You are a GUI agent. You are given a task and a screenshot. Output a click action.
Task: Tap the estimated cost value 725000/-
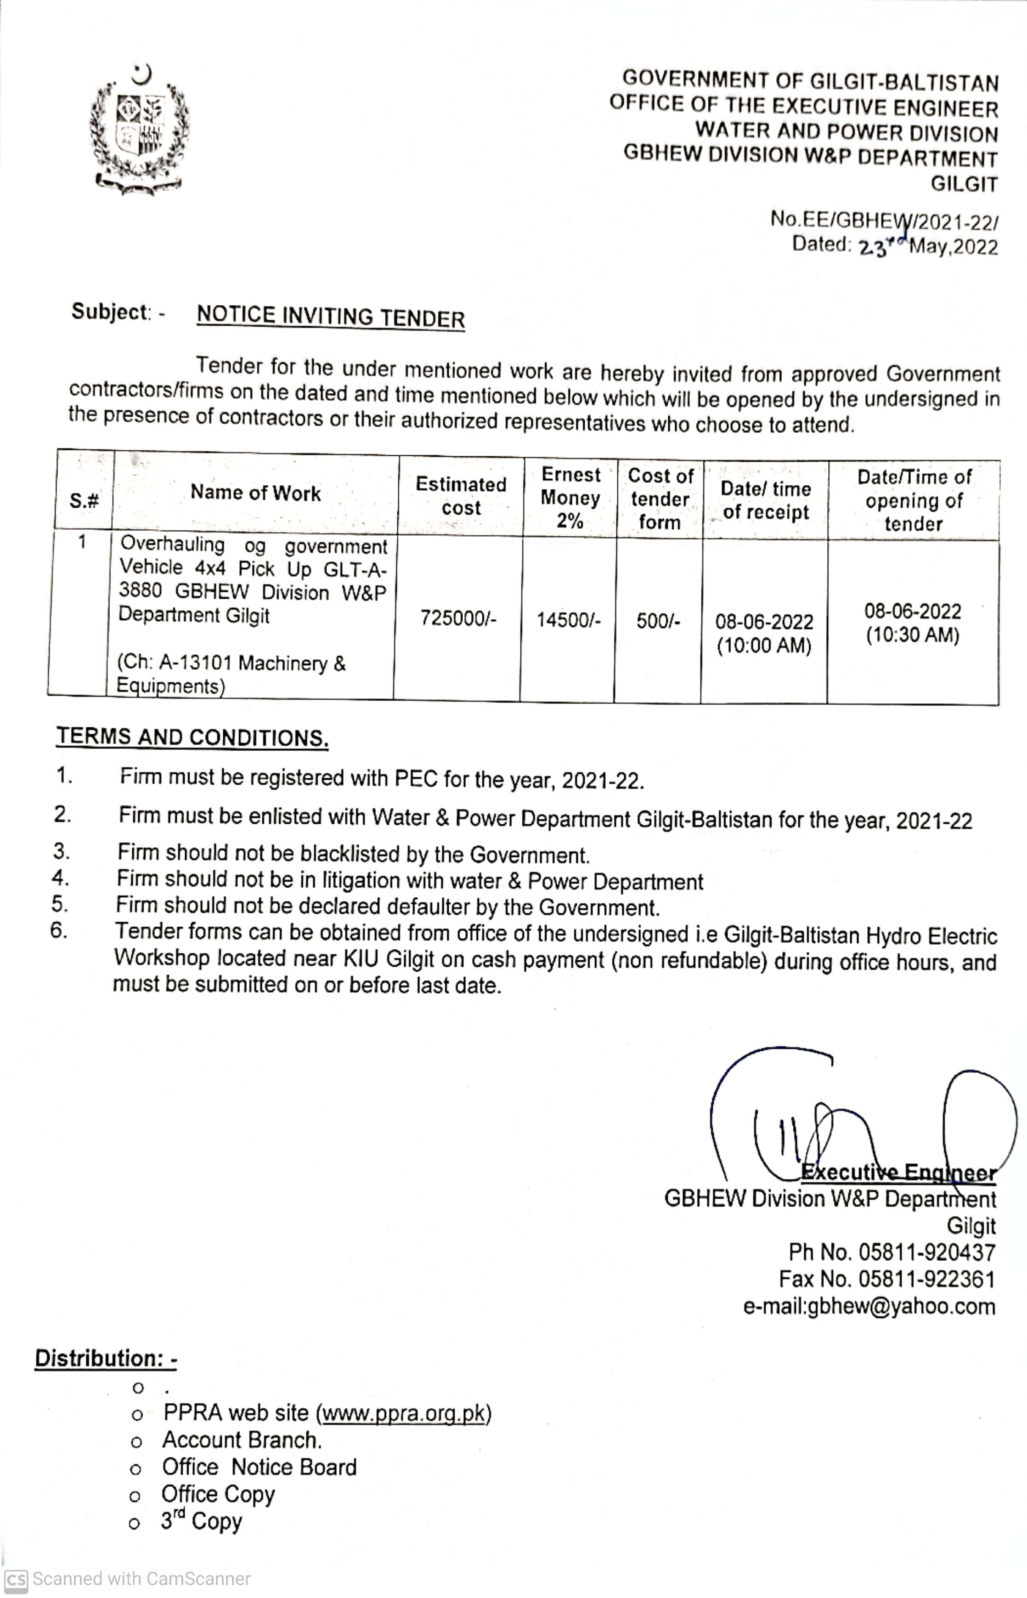[x=458, y=618]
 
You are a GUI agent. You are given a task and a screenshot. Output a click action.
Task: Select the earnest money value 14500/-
[x=568, y=620]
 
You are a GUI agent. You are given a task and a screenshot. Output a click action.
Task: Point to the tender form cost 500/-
[x=658, y=621]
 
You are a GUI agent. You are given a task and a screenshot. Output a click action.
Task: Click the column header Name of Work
[x=255, y=493]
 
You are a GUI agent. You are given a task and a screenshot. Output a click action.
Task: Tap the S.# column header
[x=84, y=500]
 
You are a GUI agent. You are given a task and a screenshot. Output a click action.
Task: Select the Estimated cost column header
[x=461, y=496]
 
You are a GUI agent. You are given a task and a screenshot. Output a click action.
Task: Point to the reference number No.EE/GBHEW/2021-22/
[x=884, y=220]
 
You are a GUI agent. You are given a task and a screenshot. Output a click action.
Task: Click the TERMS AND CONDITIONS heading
[x=192, y=737]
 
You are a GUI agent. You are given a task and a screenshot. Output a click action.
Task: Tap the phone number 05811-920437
[x=926, y=1252]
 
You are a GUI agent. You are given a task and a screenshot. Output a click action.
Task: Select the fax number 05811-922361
[x=926, y=1279]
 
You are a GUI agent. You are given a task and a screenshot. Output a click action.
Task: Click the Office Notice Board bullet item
[x=260, y=1467]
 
